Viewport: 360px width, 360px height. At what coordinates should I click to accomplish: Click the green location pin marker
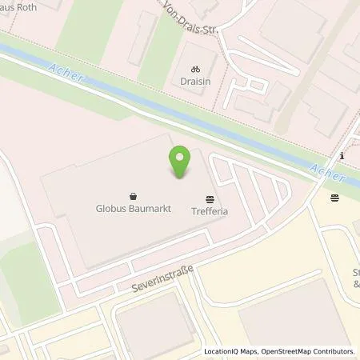click(180, 162)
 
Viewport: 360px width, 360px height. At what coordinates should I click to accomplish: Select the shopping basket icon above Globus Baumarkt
click(132, 195)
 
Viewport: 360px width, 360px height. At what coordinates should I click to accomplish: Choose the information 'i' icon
click(342, 155)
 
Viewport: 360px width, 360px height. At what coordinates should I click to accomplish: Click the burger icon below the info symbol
click(334, 196)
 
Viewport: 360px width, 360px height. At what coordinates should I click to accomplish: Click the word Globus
click(113, 208)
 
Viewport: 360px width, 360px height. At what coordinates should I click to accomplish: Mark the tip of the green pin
click(180, 178)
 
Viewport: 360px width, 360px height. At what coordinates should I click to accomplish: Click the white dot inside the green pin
click(180, 157)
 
